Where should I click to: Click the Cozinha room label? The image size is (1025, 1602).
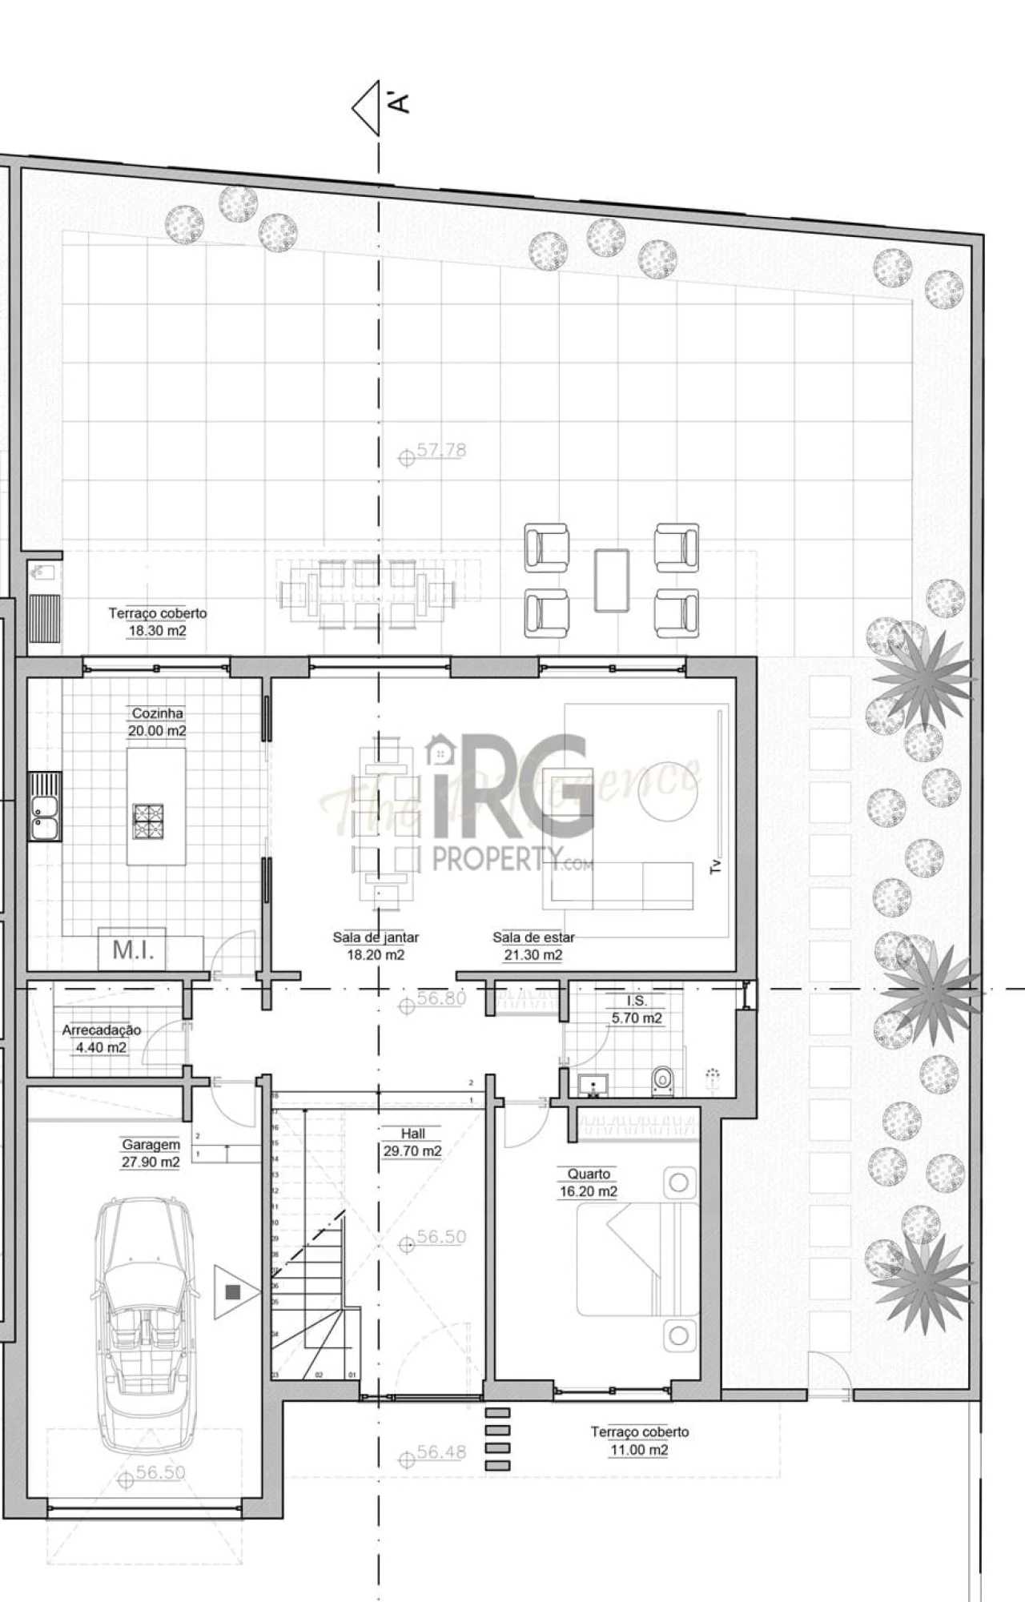157,721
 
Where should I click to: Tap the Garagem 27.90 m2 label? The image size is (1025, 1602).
151,1153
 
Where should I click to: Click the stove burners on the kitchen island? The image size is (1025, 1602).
148,821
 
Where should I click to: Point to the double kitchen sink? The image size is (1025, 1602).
44,806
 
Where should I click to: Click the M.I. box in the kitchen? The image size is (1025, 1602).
133,950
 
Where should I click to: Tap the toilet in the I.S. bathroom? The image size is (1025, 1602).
663,1081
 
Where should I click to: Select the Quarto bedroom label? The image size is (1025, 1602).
589,1182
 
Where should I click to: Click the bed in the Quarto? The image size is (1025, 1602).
638,1265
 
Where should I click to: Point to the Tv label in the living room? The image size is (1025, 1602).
716,865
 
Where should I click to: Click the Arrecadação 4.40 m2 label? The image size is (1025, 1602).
102,1038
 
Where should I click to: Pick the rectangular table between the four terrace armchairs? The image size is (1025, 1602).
612,580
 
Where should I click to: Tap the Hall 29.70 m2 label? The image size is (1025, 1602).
412,1142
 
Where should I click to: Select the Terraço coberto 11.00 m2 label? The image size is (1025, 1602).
639,1440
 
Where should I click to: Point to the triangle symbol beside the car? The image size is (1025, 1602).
236,1292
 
